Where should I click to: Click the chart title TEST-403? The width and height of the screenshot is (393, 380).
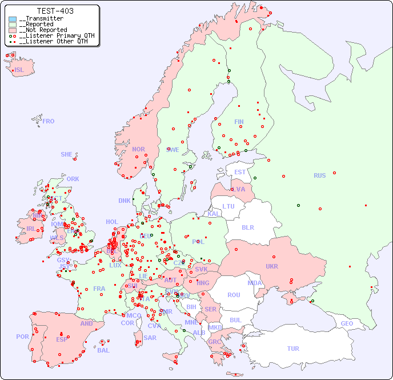(x=55, y=11)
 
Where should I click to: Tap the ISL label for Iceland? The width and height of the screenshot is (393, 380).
(x=19, y=70)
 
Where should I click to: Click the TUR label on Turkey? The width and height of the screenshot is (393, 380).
(x=293, y=349)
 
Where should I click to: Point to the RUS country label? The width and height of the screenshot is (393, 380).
(x=319, y=175)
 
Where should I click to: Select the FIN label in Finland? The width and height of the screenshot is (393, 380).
(x=239, y=122)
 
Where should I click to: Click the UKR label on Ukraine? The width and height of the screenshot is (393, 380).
(x=271, y=266)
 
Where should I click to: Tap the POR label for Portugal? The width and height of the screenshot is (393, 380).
(x=22, y=337)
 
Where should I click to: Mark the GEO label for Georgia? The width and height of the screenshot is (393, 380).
(x=347, y=323)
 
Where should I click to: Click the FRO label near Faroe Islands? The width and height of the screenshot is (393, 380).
(x=49, y=121)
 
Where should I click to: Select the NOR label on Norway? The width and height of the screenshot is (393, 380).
(x=138, y=149)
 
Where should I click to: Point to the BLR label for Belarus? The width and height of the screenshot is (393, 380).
(x=247, y=227)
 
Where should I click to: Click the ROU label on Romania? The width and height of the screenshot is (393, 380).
(x=234, y=295)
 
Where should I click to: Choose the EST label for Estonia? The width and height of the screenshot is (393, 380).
(x=240, y=172)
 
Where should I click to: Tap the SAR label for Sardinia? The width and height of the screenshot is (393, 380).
(x=150, y=338)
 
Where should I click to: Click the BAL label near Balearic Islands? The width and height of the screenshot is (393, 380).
(x=103, y=350)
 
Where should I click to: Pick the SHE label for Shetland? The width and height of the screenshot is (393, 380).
(x=66, y=154)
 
